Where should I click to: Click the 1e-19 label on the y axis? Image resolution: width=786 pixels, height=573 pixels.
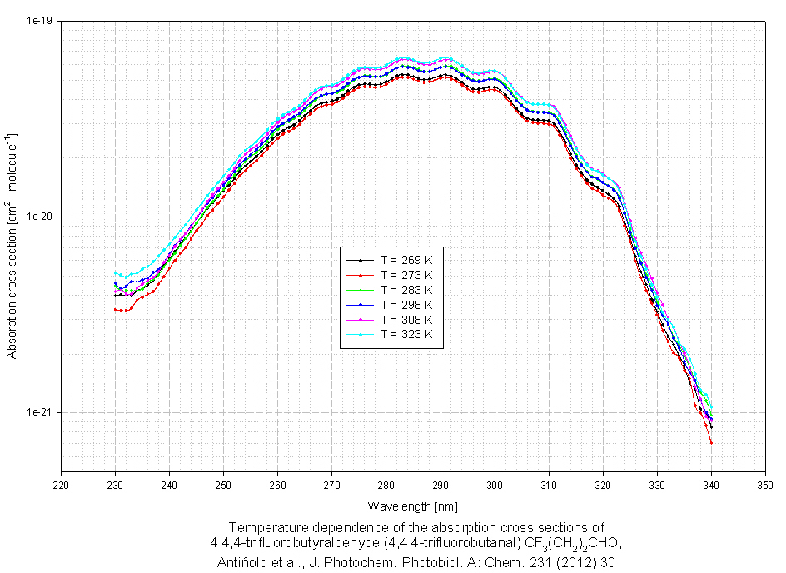pos(39,21)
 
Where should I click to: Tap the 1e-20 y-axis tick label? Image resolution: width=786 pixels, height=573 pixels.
pos(39,217)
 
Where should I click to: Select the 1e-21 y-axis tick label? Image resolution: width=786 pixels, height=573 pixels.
pos(39,412)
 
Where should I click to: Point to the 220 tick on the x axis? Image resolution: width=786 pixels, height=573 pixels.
pos(61,484)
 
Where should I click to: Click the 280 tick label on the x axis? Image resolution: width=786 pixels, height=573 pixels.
pos(386,484)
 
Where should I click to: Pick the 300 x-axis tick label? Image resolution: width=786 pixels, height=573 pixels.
pos(495,484)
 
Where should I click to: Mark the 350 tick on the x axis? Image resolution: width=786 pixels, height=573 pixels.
pos(766,484)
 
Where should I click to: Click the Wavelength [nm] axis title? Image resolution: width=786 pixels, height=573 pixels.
pos(413,506)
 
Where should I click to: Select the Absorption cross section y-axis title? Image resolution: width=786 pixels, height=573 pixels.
pos(13,244)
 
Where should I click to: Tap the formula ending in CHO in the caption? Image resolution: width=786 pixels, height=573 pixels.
pos(570,544)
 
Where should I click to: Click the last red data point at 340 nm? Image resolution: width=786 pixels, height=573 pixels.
pos(712,443)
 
